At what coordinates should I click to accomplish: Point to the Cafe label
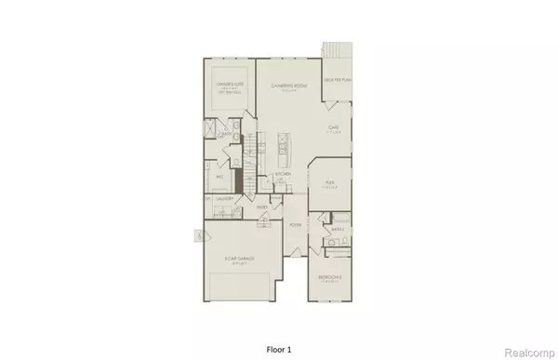click(332, 127)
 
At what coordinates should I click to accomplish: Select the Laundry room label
click(224, 197)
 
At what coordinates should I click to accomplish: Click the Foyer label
click(296, 225)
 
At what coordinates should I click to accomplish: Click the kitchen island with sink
click(280, 144)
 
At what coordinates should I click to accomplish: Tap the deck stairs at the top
click(331, 48)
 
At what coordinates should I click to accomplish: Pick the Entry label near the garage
click(264, 209)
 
